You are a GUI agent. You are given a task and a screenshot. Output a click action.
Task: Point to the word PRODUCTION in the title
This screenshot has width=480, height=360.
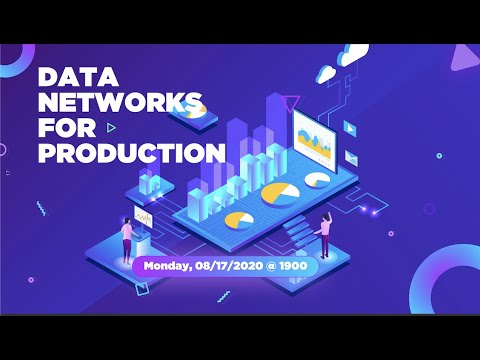(x=130, y=153)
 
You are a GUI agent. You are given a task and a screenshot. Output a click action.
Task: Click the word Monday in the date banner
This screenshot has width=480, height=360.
(x=172, y=267)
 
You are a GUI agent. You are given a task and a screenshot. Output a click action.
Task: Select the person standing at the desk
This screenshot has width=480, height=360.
(x=127, y=238)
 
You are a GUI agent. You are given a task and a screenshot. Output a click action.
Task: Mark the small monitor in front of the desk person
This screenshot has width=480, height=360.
(x=145, y=217)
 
